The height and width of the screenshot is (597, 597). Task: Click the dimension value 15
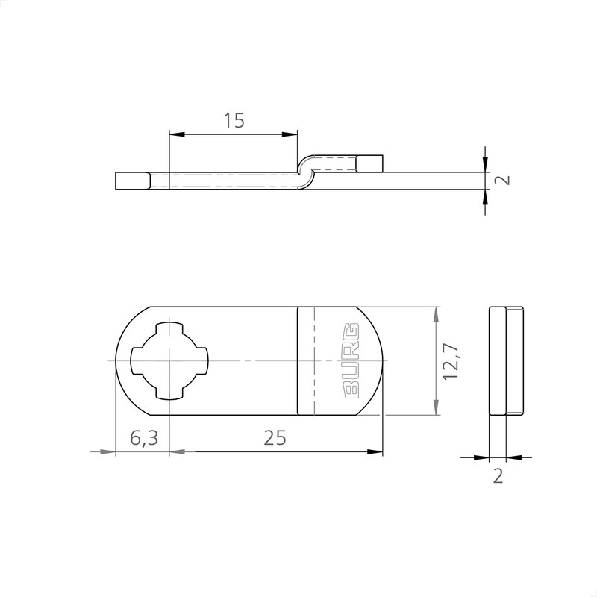click(234, 119)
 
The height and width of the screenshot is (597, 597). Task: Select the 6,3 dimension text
click(143, 438)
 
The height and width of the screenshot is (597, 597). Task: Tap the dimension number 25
click(275, 438)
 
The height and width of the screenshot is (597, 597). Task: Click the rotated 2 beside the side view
click(503, 180)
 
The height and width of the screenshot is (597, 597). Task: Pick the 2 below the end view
click(498, 476)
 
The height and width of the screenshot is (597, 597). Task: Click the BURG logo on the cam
click(350, 361)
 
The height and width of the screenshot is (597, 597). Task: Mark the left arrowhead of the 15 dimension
click(175, 134)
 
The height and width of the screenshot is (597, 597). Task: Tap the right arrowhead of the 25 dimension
click(378, 451)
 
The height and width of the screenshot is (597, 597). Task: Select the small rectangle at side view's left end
click(132, 181)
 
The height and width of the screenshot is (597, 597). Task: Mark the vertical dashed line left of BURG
click(314, 361)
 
